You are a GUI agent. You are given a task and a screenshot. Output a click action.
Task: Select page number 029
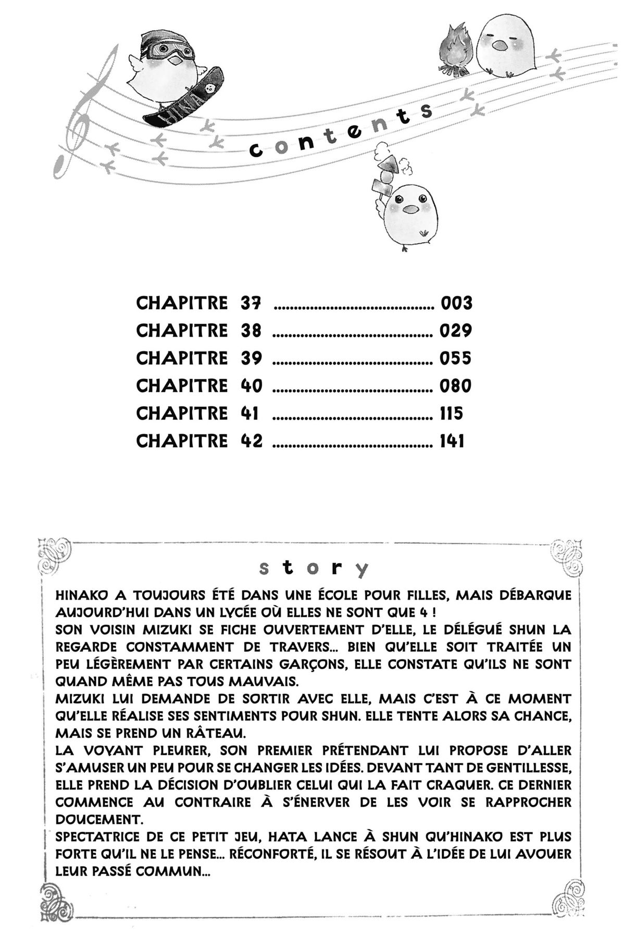tap(456, 331)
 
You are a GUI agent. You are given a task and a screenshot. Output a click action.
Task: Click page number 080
tap(456, 386)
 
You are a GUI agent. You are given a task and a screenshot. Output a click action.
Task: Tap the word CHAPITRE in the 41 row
tap(182, 414)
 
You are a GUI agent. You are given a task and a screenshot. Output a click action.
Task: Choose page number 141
tap(452, 441)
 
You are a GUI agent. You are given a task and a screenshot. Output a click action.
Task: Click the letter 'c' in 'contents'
tap(256, 151)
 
